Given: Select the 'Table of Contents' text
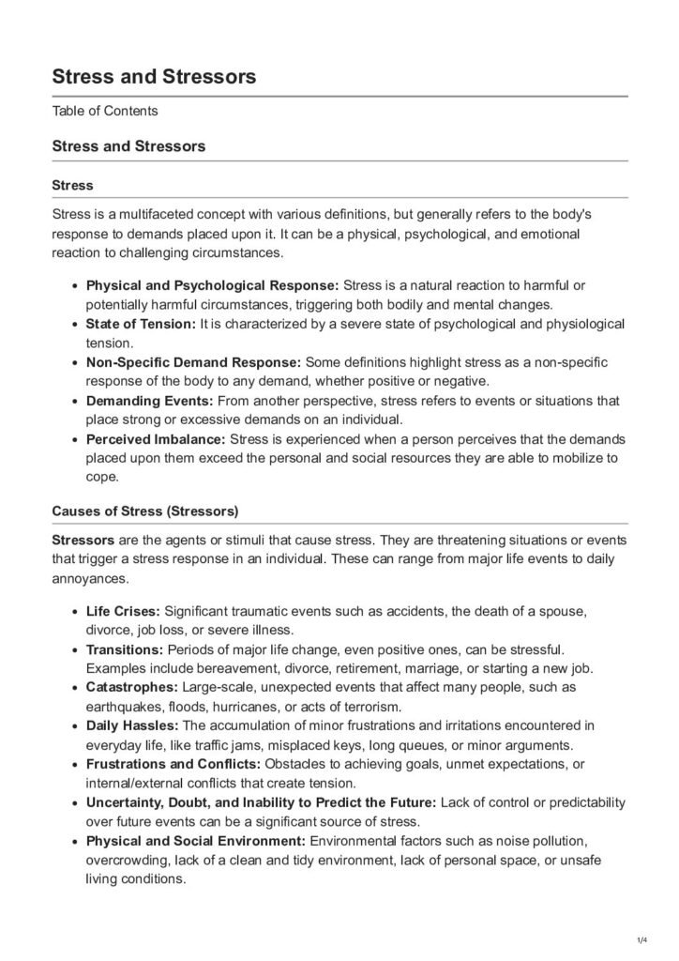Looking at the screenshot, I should point(105,112).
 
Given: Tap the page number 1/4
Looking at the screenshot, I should point(642,938).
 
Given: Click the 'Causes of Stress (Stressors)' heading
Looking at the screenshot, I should point(145,511).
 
